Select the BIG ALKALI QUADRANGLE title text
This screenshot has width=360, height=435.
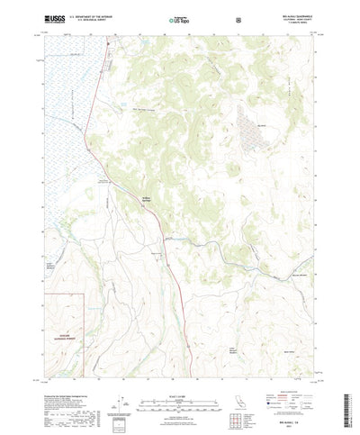click(x=298, y=14)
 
